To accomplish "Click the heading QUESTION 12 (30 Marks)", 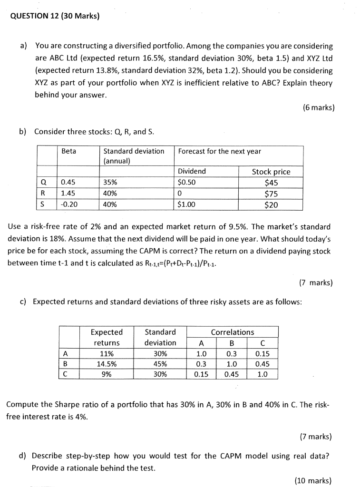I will coord(55,16).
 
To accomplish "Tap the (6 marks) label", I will coord(318,107).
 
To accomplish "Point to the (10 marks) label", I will coord(313,480).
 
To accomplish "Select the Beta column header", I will coord(69,151).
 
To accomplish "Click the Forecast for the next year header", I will coord(219,151).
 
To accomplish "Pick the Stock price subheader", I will coord(271,172).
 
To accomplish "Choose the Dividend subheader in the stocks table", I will coord(192,171).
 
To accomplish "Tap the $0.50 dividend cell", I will coord(186,183).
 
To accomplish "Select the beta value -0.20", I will coord(69,205).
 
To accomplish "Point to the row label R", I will coord(43,194).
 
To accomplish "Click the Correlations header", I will coord(232,332).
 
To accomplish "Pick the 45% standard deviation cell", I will coord(160,364).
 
